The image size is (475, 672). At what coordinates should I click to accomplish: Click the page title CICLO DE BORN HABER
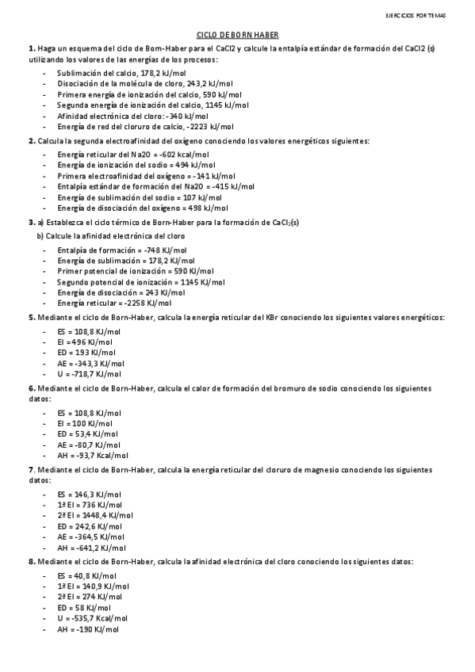pos(237,35)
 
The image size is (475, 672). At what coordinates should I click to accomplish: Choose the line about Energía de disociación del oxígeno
pos(142,208)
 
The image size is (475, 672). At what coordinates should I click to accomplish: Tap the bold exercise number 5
pos(30,318)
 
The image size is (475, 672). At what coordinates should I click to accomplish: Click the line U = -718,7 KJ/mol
pos(89,374)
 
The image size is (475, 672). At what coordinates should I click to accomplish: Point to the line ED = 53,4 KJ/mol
pos(87,434)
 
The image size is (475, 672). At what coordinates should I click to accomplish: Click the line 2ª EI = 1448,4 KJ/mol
pos(95,515)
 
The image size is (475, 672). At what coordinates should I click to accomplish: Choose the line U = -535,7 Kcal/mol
pos(92,618)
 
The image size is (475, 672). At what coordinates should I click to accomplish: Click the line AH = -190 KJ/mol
pos(87,628)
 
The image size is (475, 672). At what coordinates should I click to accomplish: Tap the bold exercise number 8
pos(30,560)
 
